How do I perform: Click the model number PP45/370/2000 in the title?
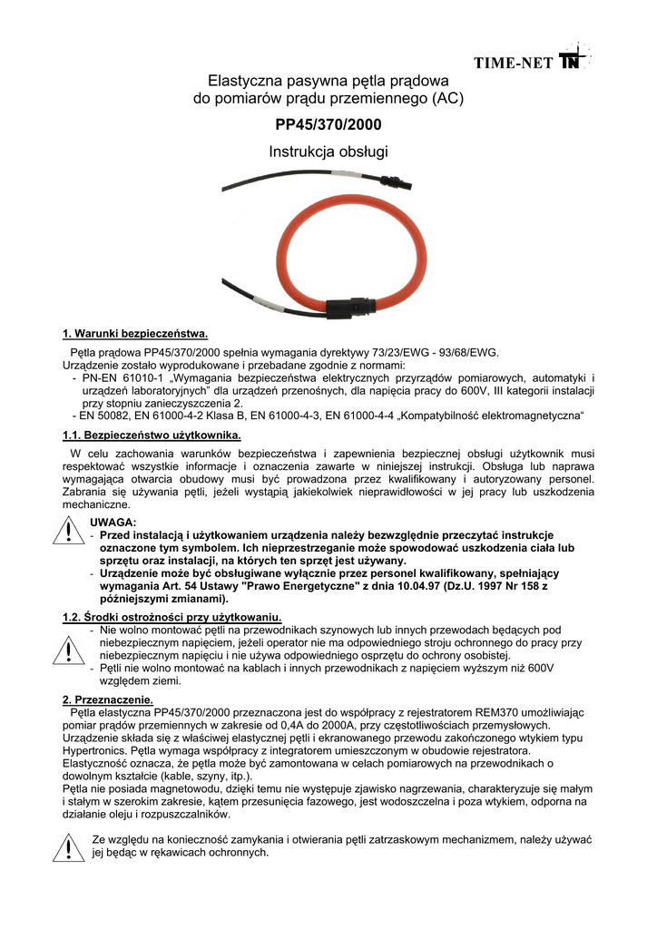tap(328, 124)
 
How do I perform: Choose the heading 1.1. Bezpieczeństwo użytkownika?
tap(151, 436)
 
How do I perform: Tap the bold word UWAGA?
tap(113, 523)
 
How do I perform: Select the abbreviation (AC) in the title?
tap(447, 98)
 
